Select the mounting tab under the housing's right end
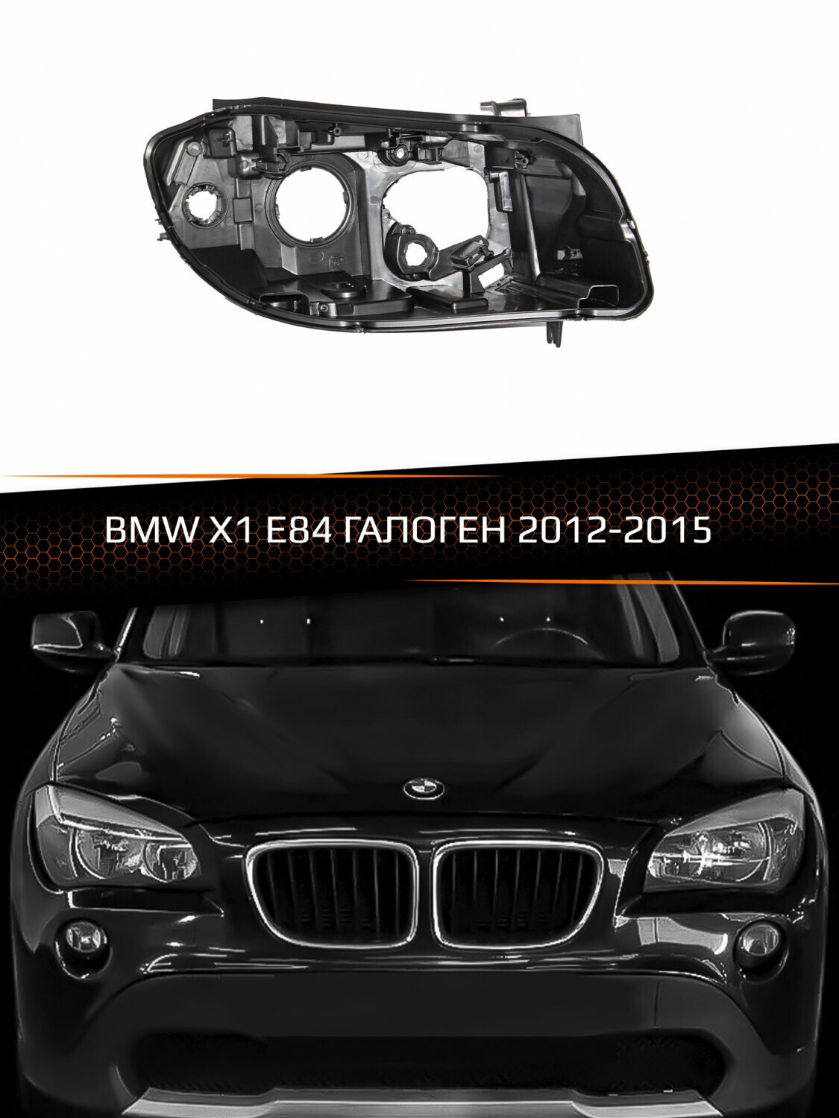(553, 332)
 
